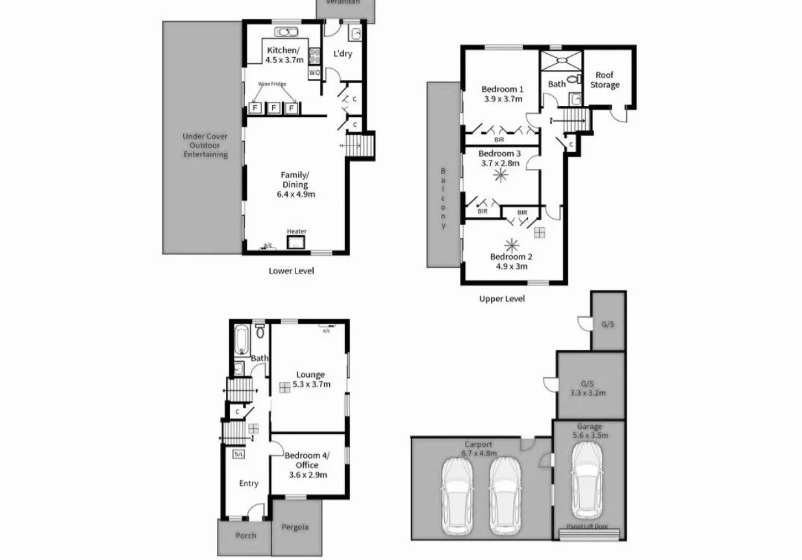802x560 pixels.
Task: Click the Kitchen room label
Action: [x=284, y=51]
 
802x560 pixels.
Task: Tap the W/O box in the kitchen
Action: [x=314, y=73]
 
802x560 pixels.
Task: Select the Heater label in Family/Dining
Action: [x=297, y=231]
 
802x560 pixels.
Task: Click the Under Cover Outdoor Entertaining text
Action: [x=205, y=146]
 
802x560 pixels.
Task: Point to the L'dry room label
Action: [x=342, y=53]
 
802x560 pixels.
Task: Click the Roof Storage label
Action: [x=605, y=80]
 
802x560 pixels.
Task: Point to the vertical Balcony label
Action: [x=444, y=198]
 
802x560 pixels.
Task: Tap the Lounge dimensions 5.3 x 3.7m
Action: [x=311, y=384]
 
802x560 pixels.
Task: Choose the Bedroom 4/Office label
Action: [x=307, y=461]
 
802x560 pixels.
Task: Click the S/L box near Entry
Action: [x=238, y=454]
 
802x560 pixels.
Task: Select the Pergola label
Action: [x=295, y=527]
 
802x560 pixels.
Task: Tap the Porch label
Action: [x=245, y=535]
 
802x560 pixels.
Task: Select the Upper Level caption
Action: [x=501, y=299]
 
